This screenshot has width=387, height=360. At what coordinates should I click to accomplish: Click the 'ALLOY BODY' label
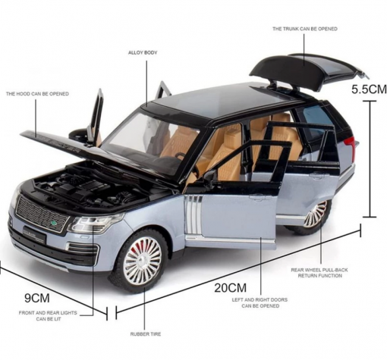coord(143,52)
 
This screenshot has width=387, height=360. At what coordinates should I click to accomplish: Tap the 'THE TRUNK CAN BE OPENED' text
coord(305,29)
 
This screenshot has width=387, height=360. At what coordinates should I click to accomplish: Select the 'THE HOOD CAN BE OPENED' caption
coord(37,94)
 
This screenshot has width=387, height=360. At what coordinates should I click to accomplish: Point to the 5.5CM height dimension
coord(369,89)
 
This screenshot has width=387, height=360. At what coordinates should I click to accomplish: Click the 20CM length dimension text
coord(230,288)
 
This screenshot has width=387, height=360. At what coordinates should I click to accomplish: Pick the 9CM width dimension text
coord(37,298)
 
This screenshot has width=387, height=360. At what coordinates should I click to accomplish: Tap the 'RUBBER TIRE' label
coord(146,334)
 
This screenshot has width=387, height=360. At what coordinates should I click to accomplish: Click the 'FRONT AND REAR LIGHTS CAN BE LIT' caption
coord(48,316)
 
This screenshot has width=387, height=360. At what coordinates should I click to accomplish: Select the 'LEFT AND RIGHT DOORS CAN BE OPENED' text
coord(260,302)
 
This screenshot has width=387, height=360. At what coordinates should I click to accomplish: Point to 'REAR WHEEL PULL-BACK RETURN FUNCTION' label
coord(319,273)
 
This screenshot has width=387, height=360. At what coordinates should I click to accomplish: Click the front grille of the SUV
coord(42,214)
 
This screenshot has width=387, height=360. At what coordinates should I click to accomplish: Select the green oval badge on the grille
coord(54,223)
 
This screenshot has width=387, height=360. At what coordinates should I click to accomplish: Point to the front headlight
coord(96,224)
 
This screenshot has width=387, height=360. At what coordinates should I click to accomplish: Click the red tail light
coord(351,146)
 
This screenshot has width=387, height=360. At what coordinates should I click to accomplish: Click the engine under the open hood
coord(86,187)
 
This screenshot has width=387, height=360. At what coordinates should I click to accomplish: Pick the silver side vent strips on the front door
coord(193,214)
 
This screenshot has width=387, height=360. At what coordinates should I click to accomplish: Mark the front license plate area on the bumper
coord(34,237)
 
